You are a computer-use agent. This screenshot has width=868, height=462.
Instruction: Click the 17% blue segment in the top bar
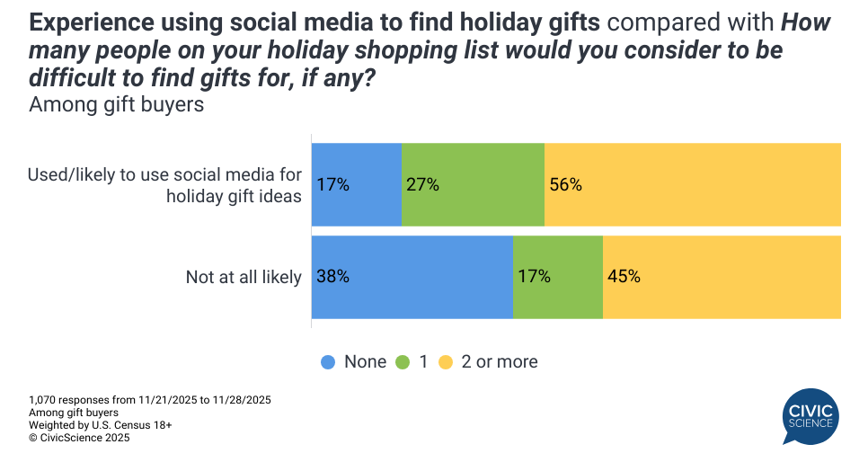[357, 184]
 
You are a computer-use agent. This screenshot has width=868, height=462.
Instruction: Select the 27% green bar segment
[473, 184]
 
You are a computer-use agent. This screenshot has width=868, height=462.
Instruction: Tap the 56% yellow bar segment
[692, 184]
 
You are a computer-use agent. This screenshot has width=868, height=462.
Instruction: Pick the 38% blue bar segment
[412, 277]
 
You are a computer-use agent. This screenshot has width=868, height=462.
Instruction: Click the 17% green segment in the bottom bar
[557, 277]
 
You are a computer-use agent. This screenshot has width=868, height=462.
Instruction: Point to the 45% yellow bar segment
[722, 277]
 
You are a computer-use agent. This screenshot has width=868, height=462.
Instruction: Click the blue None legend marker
[328, 362]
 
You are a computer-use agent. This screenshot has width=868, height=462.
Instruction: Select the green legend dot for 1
[402, 362]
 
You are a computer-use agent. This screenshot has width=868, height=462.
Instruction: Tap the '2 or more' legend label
[499, 362]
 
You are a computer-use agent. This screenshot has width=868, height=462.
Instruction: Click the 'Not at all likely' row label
[244, 277]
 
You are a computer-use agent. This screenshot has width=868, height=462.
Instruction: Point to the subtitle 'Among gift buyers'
[117, 105]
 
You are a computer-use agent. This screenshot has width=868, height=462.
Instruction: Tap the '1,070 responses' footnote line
[150, 399]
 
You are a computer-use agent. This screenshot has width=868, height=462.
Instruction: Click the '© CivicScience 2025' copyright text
[79, 438]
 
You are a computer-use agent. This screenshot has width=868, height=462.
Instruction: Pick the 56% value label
[566, 185]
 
